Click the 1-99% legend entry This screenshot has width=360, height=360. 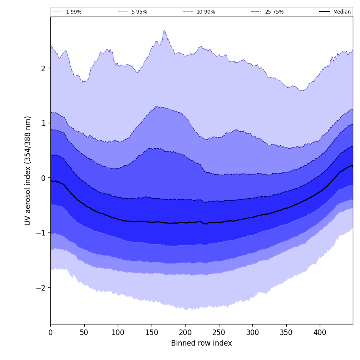[x=67, y=12]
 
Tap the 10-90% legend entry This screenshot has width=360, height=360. [x=199, y=12]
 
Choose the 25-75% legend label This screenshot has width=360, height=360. [x=274, y=12]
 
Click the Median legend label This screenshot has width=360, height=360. [x=342, y=12]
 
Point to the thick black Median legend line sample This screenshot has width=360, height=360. [x=324, y=12]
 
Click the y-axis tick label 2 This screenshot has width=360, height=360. [x=43, y=68]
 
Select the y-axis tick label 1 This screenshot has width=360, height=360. [x=43, y=123]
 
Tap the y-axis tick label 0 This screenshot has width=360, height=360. [x=43, y=178]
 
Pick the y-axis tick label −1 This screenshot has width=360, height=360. [x=41, y=233]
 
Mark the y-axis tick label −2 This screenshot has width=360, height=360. [x=41, y=288]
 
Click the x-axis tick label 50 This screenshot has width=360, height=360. [x=84, y=332]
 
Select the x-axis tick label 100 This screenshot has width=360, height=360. [x=118, y=332]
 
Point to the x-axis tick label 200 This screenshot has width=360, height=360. [x=185, y=332]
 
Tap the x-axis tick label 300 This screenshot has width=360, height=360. [x=252, y=332]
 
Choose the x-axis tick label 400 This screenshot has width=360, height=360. [x=320, y=332]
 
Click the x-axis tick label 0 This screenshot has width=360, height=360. [x=50, y=332]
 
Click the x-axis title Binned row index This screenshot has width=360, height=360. [x=202, y=343]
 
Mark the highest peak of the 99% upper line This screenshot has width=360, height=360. [x=164, y=30]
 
